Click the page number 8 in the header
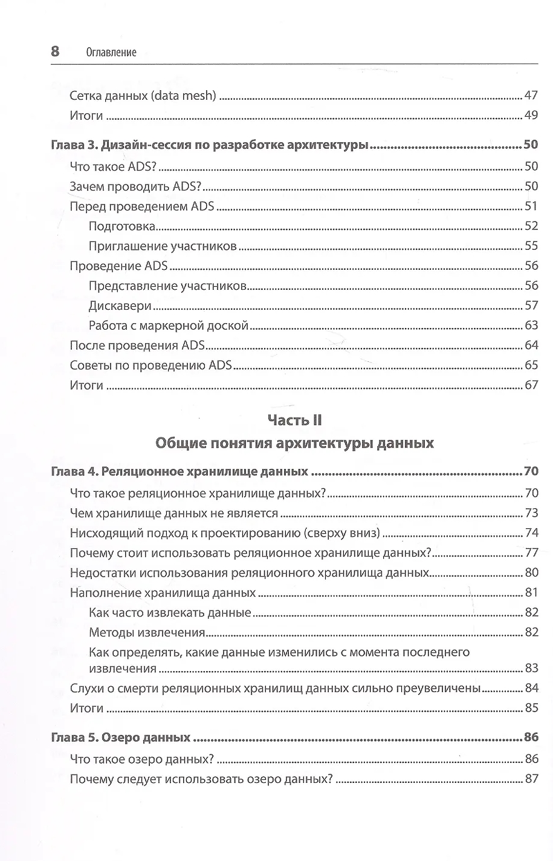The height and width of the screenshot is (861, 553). point(55,51)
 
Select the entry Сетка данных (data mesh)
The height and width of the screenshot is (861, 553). point(143,96)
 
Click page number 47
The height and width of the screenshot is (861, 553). point(531,96)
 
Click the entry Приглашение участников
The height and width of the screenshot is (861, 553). point(162,246)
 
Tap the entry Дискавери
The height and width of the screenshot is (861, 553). point(120,306)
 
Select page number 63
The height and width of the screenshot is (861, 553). point(531,326)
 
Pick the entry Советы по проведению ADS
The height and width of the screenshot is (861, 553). point(150,365)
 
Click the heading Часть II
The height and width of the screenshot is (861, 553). point(294,420)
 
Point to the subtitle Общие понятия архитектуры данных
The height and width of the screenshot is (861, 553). point(294,443)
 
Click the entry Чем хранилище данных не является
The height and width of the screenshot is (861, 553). point(174,513)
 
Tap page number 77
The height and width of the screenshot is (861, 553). point(531,553)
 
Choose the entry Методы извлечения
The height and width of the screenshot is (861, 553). point(147,633)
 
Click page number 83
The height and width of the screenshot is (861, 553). point(531,668)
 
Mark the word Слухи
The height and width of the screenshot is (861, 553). point(86,688)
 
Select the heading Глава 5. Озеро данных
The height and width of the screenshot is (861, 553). point(121,738)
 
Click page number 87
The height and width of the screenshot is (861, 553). point(531,779)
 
